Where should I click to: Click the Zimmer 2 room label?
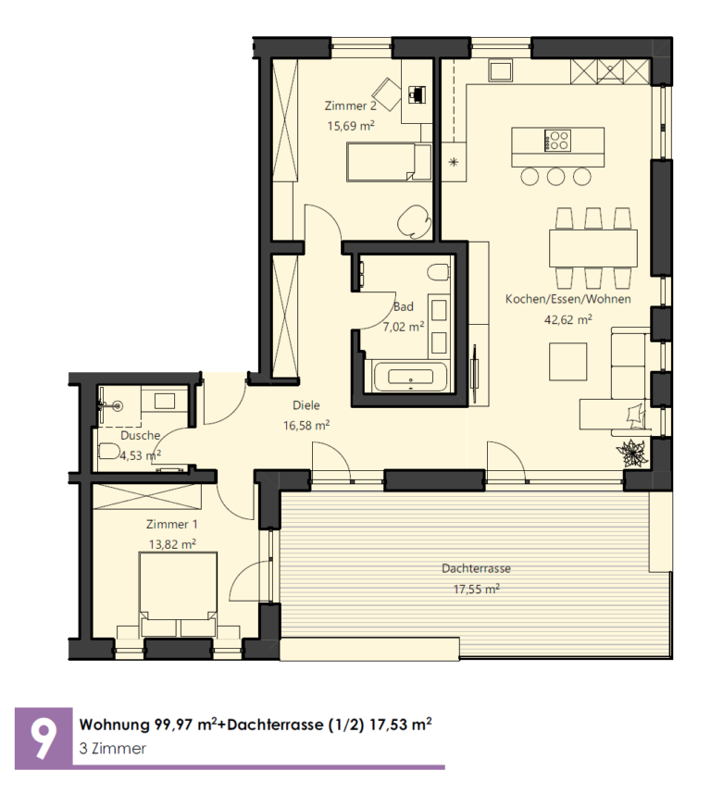pyautogui.click(x=351, y=106)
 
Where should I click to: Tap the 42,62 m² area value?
pyautogui.click(x=568, y=319)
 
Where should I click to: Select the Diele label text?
pyautogui.click(x=306, y=405)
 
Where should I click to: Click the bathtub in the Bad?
pyautogui.click(x=410, y=377)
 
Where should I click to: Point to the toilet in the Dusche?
pyautogui.click(x=109, y=451)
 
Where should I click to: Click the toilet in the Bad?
pyautogui.click(x=438, y=272)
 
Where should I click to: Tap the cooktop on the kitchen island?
pyautogui.click(x=557, y=141)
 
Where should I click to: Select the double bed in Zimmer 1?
pyautogui.click(x=178, y=595)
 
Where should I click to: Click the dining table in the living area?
pyautogui.click(x=592, y=248)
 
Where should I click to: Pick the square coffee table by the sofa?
pyautogui.click(x=568, y=362)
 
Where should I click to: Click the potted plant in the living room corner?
pyautogui.click(x=632, y=453)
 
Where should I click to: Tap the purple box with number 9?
pyautogui.click(x=44, y=739)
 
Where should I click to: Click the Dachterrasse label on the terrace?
pyautogui.click(x=476, y=568)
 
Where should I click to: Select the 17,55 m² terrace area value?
pyautogui.click(x=476, y=590)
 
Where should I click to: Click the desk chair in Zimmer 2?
pyautogui.click(x=387, y=94)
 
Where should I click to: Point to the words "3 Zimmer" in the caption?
pyautogui.click(x=113, y=749)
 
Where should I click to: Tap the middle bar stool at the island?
pyautogui.click(x=555, y=176)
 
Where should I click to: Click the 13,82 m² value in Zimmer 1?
pyautogui.click(x=172, y=544)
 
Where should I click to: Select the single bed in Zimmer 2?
pyautogui.click(x=389, y=162)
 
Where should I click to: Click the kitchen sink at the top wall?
pyautogui.click(x=501, y=70)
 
